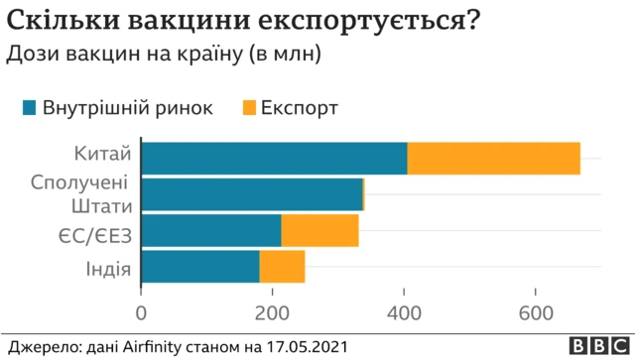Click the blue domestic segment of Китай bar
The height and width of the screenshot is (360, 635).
pyautogui.click(x=274, y=159)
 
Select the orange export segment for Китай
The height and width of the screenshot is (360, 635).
pyautogui.click(x=493, y=159)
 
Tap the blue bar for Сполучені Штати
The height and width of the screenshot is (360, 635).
pyautogui.click(x=253, y=194)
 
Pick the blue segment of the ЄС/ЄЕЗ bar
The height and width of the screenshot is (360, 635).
pyautogui.click(x=211, y=230)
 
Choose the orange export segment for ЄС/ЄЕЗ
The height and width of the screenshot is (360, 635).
pyautogui.click(x=319, y=230)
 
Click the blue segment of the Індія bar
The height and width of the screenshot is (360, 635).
pyautogui.click(x=200, y=266)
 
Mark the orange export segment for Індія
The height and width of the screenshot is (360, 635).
pyautogui.click(x=282, y=266)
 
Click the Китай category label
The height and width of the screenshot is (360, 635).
pyautogui.click(x=102, y=155)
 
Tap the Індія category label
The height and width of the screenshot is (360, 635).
pyautogui.click(x=106, y=267)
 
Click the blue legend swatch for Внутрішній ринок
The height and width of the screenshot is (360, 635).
pyautogui.click(x=29, y=107)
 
